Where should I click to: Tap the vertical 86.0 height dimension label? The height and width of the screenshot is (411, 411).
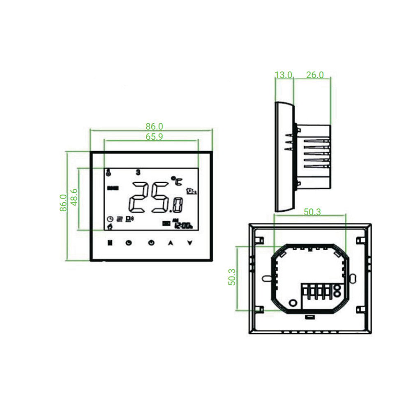(x=63, y=203)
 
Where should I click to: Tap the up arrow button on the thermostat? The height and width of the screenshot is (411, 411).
(x=170, y=242)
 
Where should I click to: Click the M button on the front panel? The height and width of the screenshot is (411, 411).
(x=109, y=242)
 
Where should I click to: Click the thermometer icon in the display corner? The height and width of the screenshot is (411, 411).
(x=108, y=173)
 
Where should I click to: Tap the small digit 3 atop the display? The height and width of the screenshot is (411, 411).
(x=138, y=172)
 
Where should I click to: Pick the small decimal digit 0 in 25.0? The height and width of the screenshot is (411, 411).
(x=177, y=204)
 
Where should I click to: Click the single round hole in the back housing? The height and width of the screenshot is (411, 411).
(x=293, y=302)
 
